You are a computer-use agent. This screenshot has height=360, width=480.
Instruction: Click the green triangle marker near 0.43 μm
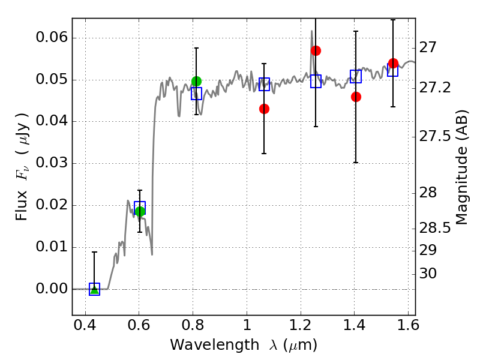pyautogui.click(x=95, y=290)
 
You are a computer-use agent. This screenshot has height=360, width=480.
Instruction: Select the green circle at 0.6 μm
pyautogui.click(x=140, y=211)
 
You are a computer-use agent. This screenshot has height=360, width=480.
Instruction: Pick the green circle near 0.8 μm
pyautogui.click(x=197, y=81)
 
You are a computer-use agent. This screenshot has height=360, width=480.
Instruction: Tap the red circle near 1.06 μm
pyautogui.click(x=264, y=109)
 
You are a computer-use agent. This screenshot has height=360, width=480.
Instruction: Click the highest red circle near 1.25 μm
pyautogui.click(x=316, y=50)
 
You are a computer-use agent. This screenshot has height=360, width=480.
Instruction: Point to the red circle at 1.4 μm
pyautogui.click(x=356, y=97)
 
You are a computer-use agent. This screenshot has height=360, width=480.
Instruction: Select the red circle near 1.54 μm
pyautogui.click(x=393, y=64)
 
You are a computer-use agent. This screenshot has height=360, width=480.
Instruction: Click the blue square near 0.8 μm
pyautogui.click(x=197, y=94)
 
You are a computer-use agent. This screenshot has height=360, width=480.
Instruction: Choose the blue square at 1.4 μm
pyautogui.click(x=356, y=76)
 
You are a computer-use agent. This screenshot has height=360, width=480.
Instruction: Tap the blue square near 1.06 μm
pyautogui.click(x=264, y=84)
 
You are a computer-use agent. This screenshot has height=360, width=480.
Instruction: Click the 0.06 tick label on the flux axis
pyautogui.click(x=52, y=37)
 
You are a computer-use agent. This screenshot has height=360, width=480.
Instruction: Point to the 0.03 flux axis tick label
pyautogui.click(x=52, y=163)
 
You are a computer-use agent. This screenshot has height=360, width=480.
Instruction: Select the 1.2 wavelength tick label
pyautogui.click(x=301, y=325)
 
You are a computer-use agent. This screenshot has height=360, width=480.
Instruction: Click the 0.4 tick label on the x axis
pyautogui.click(x=85, y=325)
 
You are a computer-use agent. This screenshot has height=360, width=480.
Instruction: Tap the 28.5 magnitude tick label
pyautogui.click(x=434, y=228)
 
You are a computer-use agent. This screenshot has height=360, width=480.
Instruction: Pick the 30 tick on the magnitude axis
pyautogui.click(x=428, y=273)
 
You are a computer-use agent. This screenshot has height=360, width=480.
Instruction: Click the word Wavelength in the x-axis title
pyautogui.click(x=215, y=345)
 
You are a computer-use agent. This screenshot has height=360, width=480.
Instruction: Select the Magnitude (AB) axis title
pyautogui.click(x=462, y=167)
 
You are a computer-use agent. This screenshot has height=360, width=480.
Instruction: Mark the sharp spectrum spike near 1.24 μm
pyautogui.click(x=312, y=31)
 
